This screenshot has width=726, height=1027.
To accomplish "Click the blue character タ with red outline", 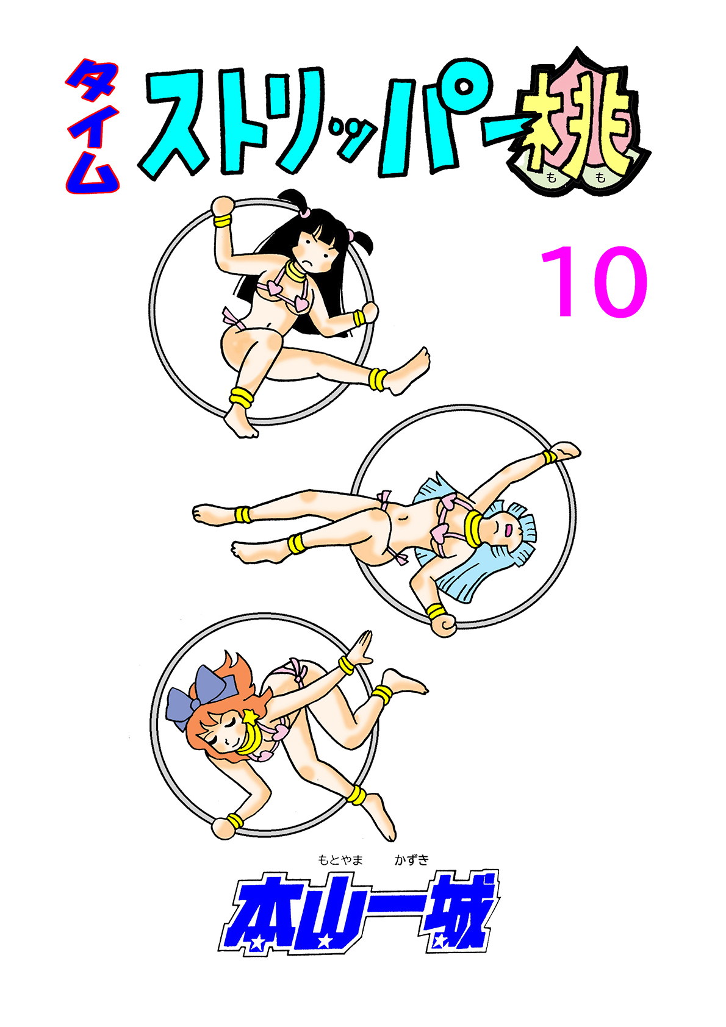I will click(x=92, y=82).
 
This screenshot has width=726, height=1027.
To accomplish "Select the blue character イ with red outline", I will click(x=92, y=130).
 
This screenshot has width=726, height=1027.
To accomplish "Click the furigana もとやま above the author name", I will click(x=340, y=860).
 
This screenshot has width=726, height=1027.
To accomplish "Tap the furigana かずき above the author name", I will click(x=412, y=860).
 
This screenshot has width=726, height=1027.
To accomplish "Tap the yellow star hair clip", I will click(x=250, y=716).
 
